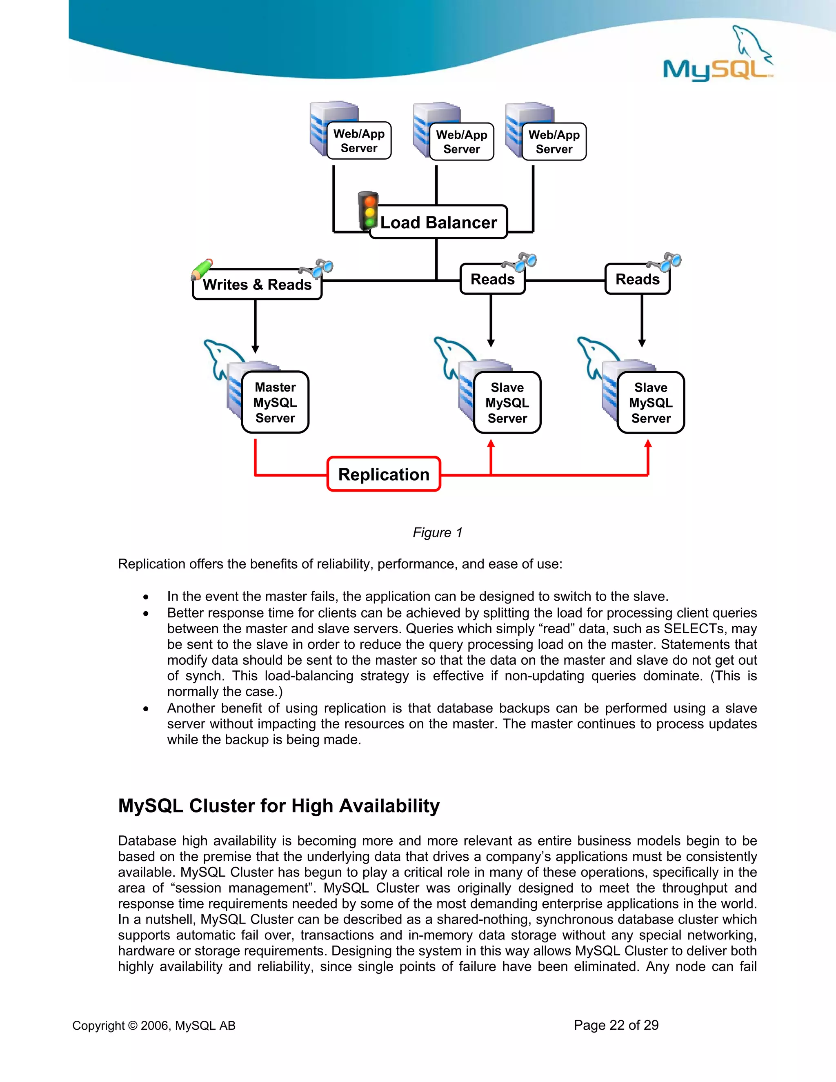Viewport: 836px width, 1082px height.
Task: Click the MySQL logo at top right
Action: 717,57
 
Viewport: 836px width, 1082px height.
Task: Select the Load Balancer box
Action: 438,223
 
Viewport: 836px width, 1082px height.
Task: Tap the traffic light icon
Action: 368,211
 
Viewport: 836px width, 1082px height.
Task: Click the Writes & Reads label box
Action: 257,284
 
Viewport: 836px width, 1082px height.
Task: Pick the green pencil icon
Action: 202,269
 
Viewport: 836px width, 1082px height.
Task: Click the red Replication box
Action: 384,474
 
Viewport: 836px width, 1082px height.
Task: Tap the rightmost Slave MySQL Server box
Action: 651,403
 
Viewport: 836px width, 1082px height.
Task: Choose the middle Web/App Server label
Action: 462,142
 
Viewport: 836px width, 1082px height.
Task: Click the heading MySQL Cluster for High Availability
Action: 279,806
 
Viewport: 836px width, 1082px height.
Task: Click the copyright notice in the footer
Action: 154,1026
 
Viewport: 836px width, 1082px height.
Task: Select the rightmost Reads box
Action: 637,279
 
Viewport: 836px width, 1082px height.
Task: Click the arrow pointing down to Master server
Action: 256,348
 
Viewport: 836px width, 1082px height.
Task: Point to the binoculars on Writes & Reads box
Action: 316,269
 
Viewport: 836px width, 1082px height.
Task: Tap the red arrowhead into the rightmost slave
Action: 648,443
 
